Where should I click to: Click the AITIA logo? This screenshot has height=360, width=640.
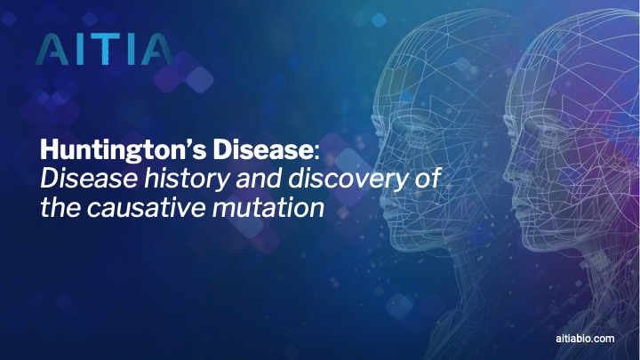pyautogui.click(x=104, y=50)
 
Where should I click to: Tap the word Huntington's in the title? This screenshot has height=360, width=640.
pyautogui.click(x=124, y=151)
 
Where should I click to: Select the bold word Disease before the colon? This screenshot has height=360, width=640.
pyautogui.click(x=263, y=150)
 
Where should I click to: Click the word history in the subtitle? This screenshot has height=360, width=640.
pyautogui.click(x=187, y=179)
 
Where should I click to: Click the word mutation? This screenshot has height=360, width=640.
pyautogui.click(x=268, y=207)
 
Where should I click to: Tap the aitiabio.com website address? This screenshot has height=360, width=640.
pyautogui.click(x=585, y=339)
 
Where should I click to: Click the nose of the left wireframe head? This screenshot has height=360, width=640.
pyautogui.click(x=379, y=174)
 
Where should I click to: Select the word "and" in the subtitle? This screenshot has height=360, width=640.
pyautogui.click(x=259, y=179)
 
